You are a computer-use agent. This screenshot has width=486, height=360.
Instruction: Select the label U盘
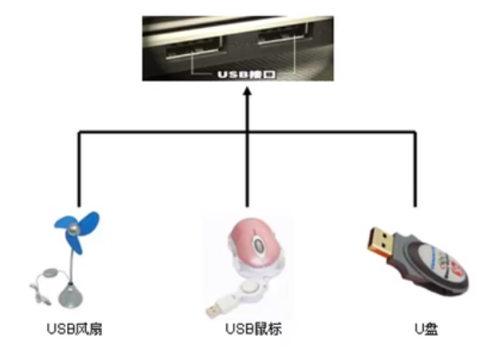coord(418,328)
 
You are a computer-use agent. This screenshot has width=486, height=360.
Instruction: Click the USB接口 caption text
coord(247,76)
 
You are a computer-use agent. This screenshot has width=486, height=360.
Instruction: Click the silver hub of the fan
coord(74,230)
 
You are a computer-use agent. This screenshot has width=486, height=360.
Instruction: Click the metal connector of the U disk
coord(382,238)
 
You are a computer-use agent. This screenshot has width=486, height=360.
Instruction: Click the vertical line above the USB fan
coord(80,167)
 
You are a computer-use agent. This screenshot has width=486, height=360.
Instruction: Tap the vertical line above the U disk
coord(415,167)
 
